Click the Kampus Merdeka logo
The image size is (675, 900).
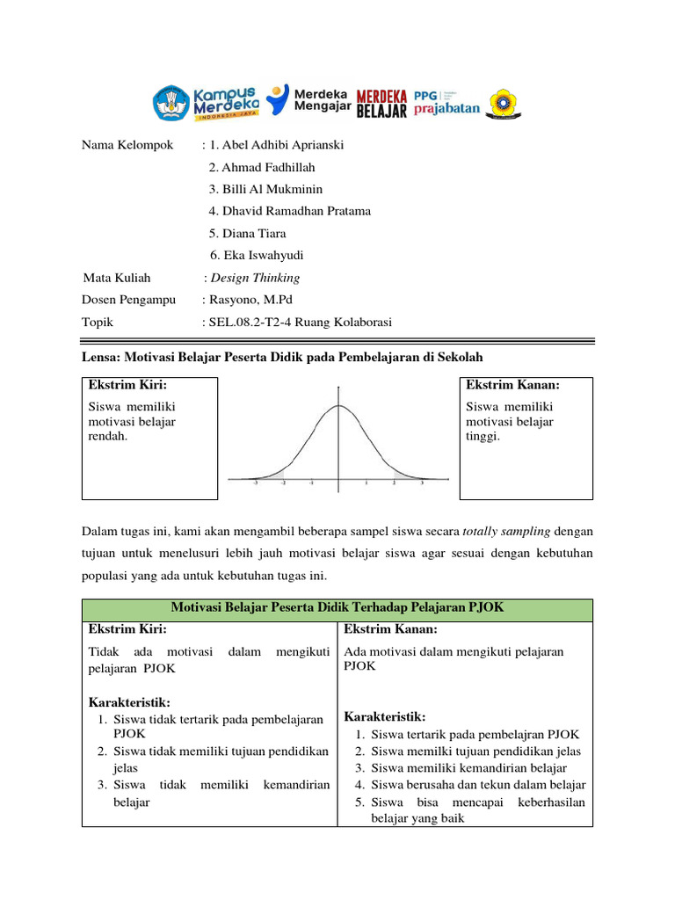[x=205, y=102]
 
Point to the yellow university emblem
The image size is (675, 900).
[x=504, y=103]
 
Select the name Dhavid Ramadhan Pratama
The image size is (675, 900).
[x=289, y=211]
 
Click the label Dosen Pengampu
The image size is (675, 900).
[x=129, y=300]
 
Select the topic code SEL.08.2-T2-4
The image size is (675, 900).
[x=250, y=323]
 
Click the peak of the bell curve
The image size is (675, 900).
[x=339, y=406]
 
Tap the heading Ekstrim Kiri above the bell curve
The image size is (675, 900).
[x=127, y=385]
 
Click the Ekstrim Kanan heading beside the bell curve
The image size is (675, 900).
[x=512, y=385]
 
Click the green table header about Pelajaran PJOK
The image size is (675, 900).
[x=337, y=609]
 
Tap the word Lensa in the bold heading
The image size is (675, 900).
[x=100, y=357]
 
